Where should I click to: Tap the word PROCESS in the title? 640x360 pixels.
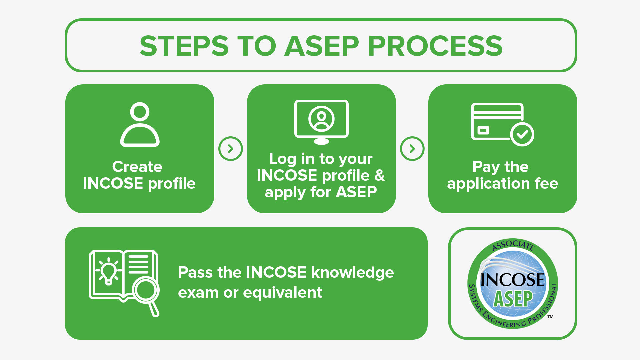(435, 46)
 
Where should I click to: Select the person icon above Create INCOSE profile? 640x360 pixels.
(140, 125)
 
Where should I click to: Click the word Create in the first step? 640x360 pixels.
(137, 167)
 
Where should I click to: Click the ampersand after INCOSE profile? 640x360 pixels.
(379, 175)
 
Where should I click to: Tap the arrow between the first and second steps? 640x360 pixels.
(230, 149)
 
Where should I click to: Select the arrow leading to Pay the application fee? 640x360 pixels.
(412, 149)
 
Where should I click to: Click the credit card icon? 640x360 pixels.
(497, 121)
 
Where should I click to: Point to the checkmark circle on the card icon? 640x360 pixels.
(522, 134)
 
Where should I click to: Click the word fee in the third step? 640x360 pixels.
(546, 183)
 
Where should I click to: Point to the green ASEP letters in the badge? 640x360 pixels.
(513, 299)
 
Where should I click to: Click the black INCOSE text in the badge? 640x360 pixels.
(512, 279)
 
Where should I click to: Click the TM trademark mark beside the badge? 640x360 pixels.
(550, 317)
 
